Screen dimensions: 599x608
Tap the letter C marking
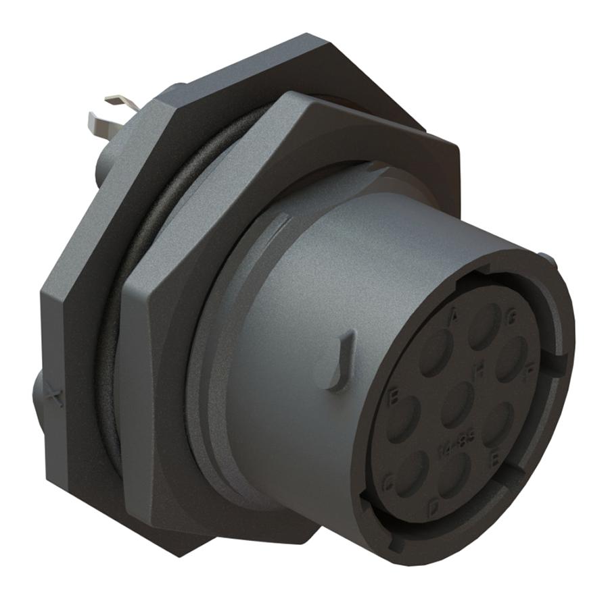coord(388,481)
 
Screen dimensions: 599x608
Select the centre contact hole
coord(458,404)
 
